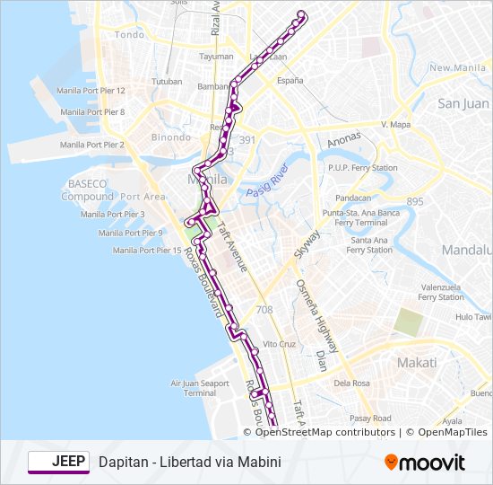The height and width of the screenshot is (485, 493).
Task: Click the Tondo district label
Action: [x=129, y=35]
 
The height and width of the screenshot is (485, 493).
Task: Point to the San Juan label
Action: [x=463, y=103]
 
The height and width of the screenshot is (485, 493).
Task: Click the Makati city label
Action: [x=418, y=363]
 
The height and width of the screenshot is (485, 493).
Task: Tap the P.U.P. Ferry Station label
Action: [x=362, y=168]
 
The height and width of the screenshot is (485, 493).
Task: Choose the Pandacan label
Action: [x=352, y=198]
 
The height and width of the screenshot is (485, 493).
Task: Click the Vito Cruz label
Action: [x=279, y=344]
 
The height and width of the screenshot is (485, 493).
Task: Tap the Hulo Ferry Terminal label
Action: [x=473, y=316]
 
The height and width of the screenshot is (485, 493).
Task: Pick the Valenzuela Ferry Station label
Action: [x=440, y=292]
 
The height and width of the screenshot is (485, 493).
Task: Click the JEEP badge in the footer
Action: [x=58, y=462]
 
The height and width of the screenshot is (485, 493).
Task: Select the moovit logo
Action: [x=425, y=463]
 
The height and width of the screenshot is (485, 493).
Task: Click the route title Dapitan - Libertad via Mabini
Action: [x=190, y=463]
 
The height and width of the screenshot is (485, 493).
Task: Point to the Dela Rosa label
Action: [x=352, y=383]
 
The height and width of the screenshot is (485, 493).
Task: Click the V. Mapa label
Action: [x=394, y=124]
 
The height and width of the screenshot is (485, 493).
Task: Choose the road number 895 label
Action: [x=414, y=202]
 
